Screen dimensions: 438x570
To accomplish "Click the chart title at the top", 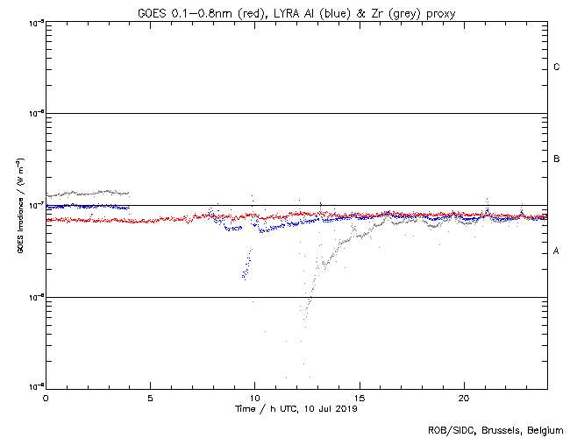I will point(296,13).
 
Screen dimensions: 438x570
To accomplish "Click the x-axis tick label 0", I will point(46,398).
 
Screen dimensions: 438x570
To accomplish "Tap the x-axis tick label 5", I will point(150,398).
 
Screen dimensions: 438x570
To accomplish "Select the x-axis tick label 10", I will point(254,398).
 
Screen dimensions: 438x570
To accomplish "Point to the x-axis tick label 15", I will point(359,398).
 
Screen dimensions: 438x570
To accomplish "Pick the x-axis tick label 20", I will point(463,398).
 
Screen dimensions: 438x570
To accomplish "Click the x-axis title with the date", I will point(296,408).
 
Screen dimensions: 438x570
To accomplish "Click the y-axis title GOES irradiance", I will point(19,205).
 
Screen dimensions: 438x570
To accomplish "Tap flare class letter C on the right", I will point(556,67).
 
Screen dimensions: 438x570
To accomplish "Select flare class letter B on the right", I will point(556,159).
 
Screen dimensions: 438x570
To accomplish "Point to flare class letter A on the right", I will point(556,251).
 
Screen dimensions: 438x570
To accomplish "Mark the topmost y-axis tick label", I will point(35,22).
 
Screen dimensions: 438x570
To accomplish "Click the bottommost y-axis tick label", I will point(35,387).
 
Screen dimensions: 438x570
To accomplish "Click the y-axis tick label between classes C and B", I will point(35,114).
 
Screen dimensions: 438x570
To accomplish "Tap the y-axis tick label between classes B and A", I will point(35,205).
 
